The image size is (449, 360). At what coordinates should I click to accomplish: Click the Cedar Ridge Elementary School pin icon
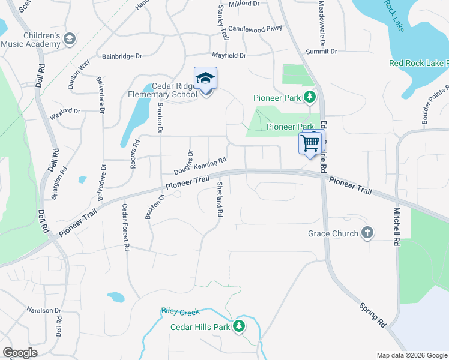coord(205,79)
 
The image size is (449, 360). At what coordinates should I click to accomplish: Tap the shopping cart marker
coord(310,143)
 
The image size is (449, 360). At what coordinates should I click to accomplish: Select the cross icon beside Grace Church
coord(367,233)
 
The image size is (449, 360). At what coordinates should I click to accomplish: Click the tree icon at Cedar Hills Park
coord(240,326)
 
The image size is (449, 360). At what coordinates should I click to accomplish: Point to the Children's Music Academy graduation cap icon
coord(70,39)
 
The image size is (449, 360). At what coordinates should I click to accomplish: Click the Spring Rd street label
coord(373,315)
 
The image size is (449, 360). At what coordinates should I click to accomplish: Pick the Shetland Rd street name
coord(220,199)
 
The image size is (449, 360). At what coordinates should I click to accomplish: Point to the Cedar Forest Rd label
coord(125,227)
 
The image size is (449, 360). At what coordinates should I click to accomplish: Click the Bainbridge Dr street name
coord(122,56)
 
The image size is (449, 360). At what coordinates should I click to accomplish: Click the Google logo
coord(20,353)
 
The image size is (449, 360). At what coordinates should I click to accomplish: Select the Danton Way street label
coord(79,74)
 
